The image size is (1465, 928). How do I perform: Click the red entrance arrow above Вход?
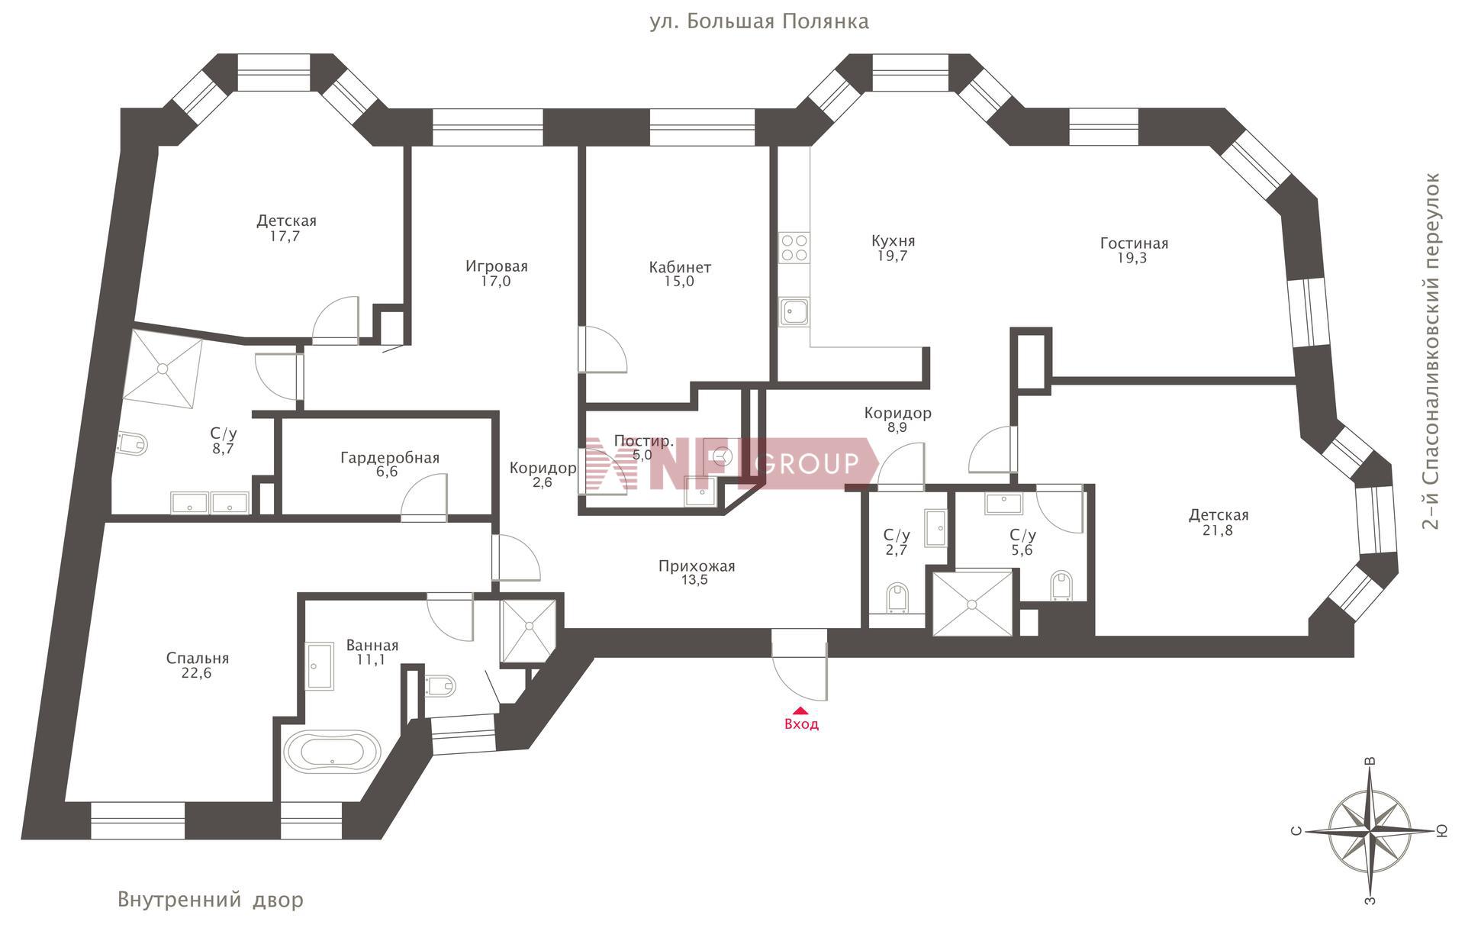coord(800,710)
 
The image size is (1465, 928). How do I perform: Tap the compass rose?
coord(1370,830)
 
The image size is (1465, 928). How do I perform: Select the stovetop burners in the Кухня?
coord(794,248)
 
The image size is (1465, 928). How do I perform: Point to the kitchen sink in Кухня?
coord(794,312)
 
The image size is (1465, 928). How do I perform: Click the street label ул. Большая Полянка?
coord(759,21)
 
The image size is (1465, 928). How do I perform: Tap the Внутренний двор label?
coord(211,900)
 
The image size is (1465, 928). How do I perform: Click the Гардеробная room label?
coord(390,458)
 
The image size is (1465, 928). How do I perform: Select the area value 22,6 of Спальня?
coord(198,673)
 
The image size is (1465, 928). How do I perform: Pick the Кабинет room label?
coord(680,267)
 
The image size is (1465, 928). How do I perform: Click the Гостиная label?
coord(1134,243)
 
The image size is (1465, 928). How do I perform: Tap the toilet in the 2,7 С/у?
coord(899,598)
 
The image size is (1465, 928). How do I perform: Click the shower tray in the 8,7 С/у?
coord(163,369)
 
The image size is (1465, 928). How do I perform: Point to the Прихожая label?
coord(697,566)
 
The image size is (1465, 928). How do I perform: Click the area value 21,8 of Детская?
coord(1218,530)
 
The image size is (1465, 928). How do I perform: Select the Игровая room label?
coord(497,266)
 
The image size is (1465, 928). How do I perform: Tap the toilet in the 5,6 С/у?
coord(1061,585)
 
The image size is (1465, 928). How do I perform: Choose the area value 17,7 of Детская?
coord(285,237)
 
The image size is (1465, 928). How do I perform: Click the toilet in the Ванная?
coord(441,685)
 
